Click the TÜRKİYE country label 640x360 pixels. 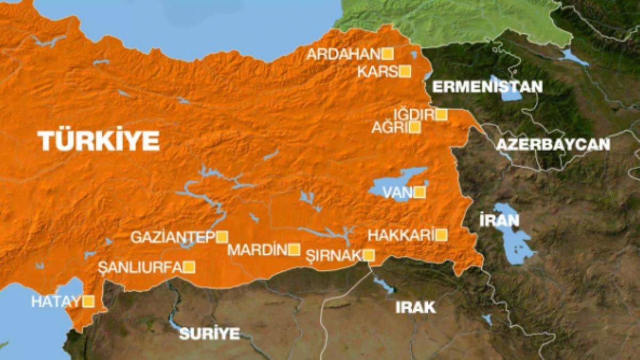(x=99, y=141)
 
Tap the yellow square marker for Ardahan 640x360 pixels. (x=388, y=53)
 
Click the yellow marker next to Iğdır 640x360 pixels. (x=441, y=115)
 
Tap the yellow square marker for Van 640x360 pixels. (x=420, y=192)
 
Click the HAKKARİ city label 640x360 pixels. (x=401, y=235)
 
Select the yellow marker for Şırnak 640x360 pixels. (x=369, y=255)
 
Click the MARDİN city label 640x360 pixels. (x=257, y=250)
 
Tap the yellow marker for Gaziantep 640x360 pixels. (x=222, y=237)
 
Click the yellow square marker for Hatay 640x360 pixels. (x=89, y=301)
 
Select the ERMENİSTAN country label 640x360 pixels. (x=487, y=86)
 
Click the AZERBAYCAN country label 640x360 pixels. (x=553, y=144)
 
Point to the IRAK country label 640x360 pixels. (x=415, y=307)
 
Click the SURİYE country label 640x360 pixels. (x=209, y=334)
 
